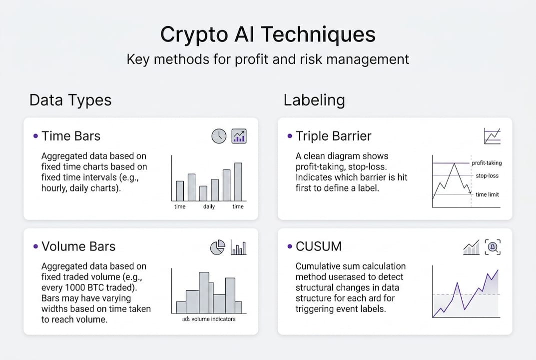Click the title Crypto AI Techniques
pos(268,35)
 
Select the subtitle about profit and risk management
pos(268,59)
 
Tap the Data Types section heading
pos(70,100)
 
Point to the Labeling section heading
pos(314,100)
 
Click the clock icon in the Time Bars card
pos(219,136)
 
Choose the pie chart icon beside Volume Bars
pos(217,247)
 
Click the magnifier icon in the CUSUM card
pos(493,246)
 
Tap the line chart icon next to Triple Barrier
pos(492,136)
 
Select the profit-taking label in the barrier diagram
pos(487,163)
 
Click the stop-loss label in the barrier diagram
pos(487,176)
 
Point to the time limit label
pos(487,194)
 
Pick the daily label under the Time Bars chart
pos(209,206)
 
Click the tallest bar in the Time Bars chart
pos(238,181)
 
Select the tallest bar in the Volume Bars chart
pos(204,292)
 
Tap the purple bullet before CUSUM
pos(290,246)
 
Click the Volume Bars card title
pos(78,246)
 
